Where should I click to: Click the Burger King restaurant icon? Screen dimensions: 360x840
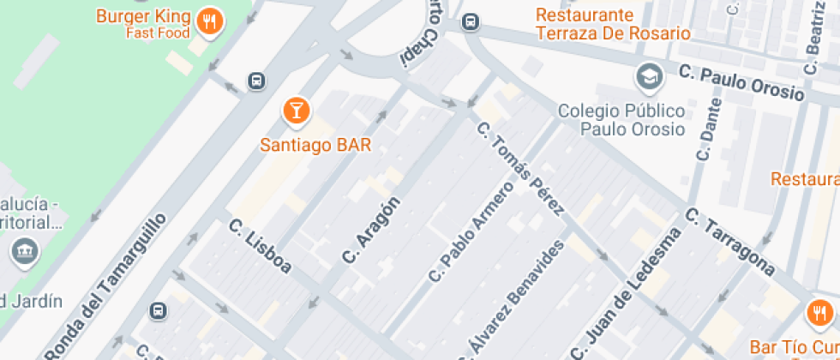(209, 21)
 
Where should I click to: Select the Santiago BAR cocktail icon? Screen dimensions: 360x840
(296, 110)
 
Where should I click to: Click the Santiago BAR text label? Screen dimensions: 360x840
(315, 145)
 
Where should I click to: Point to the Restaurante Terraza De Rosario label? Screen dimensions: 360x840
(612, 25)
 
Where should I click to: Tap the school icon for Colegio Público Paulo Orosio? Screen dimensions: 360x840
(649, 76)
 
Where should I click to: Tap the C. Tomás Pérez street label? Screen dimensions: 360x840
(520, 169)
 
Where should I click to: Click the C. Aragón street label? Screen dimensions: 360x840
(370, 230)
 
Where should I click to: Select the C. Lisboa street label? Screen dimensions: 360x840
(261, 248)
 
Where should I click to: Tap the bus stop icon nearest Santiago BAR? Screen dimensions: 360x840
(255, 81)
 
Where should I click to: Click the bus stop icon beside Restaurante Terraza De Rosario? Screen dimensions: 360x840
(470, 21)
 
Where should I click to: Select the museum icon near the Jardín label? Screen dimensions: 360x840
(21, 251)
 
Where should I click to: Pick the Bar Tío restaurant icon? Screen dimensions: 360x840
(820, 313)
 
